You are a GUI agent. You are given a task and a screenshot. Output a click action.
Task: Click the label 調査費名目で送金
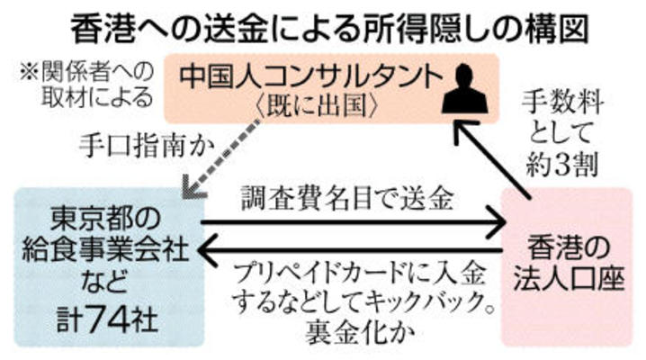tap(348, 196)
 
